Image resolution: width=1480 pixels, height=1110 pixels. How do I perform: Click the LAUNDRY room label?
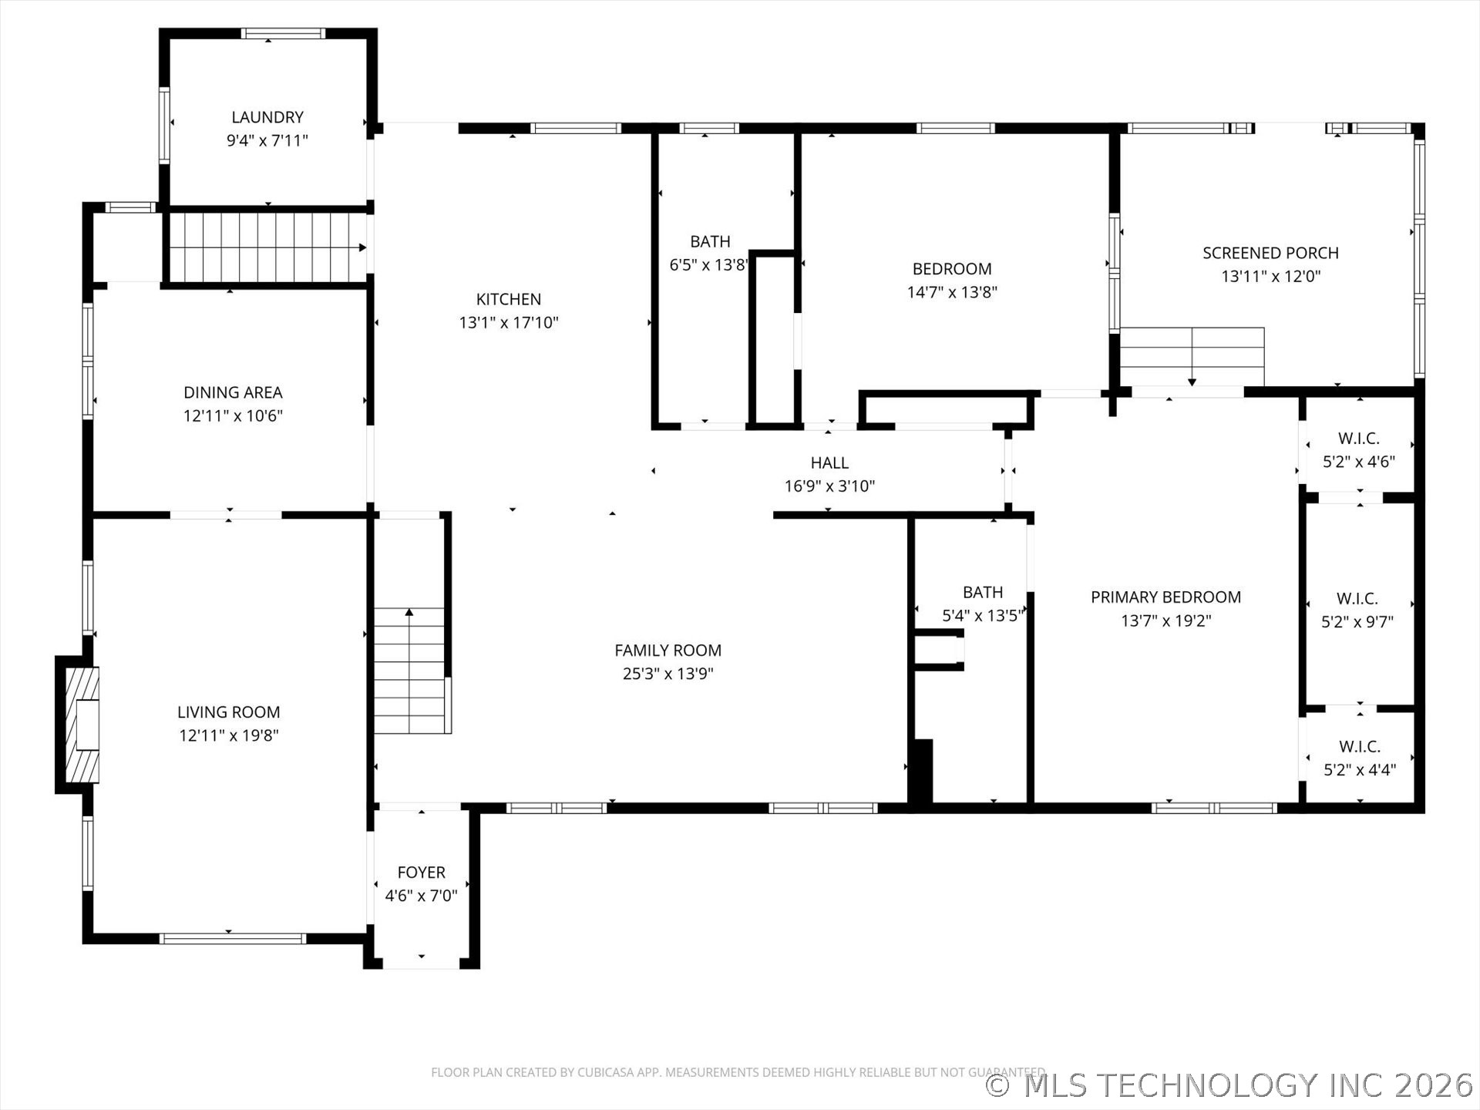[x=267, y=117]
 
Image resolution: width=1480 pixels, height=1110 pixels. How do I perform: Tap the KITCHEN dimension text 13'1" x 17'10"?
[x=509, y=322]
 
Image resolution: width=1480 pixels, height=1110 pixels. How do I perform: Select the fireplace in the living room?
[x=79, y=725]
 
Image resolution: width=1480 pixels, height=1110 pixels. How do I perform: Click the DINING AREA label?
[x=233, y=392]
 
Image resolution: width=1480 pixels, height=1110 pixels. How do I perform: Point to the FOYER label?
[x=422, y=872]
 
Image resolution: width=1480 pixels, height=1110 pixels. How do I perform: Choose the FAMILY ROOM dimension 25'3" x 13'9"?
[x=668, y=674]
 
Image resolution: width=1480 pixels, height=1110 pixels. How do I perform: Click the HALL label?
[x=829, y=462]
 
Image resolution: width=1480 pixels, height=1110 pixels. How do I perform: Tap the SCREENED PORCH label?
[x=1270, y=253]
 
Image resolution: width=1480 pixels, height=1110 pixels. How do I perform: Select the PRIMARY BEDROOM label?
[x=1166, y=597]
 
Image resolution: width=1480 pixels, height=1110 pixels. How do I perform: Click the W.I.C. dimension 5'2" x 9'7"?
[x=1357, y=621]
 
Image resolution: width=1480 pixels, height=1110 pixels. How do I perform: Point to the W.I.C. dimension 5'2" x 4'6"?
[x=1359, y=461]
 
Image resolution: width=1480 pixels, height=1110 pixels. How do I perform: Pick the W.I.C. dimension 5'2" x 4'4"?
[x=1360, y=769]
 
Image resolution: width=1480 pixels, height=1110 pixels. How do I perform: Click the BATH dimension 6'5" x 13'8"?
[x=709, y=264]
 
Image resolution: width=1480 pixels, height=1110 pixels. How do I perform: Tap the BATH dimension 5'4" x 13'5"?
[x=983, y=615]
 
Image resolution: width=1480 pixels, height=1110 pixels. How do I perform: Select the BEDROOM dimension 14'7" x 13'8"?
[x=952, y=292]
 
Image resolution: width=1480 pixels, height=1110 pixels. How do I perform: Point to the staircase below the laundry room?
[x=267, y=247]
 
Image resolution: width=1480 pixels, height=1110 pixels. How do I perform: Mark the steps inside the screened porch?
[x=1192, y=356]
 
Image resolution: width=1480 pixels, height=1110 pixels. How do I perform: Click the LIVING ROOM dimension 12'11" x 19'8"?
[x=229, y=735]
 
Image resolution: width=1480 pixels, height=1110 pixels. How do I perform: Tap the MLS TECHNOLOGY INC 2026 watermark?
[x=1230, y=1085]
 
